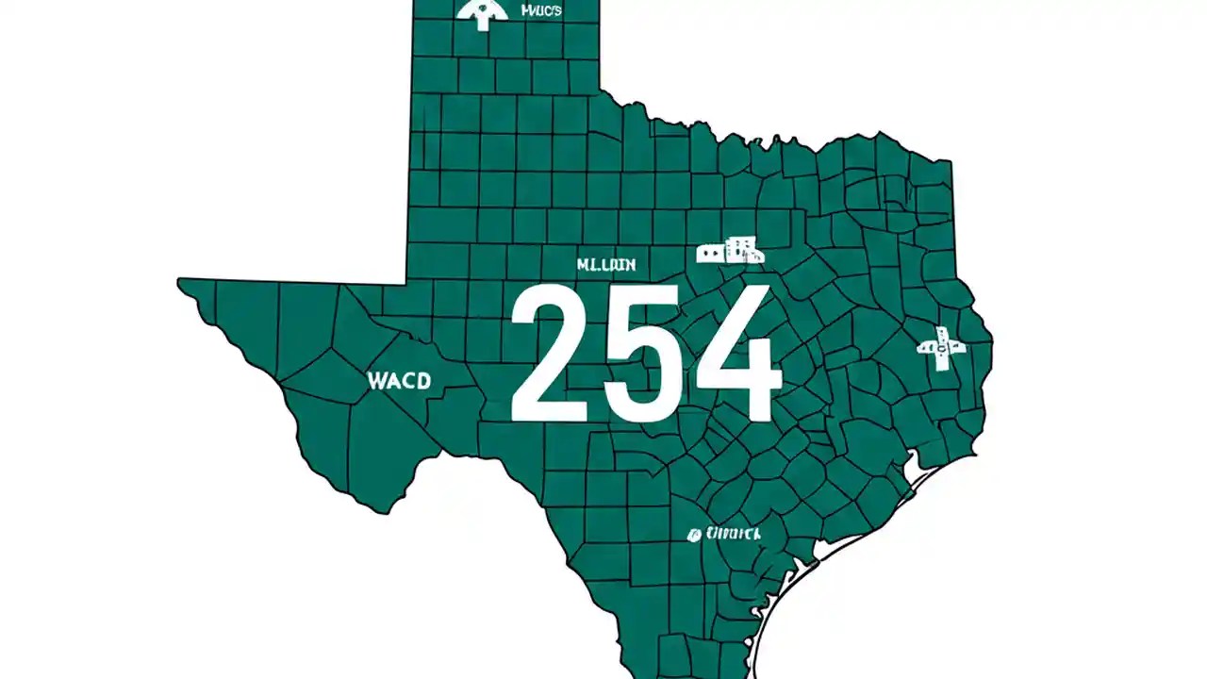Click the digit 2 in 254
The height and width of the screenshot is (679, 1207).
(551, 354)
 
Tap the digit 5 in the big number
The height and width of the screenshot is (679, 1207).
(645, 354)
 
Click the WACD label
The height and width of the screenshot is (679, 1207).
(399, 381)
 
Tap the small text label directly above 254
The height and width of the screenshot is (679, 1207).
(605, 265)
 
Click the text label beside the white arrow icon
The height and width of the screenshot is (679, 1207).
(540, 10)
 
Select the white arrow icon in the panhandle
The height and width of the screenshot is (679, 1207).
(482, 13)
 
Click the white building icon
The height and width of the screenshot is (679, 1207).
(729, 251)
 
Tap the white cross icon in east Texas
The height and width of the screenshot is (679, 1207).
(941, 348)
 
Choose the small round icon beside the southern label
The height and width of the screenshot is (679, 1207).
(695, 535)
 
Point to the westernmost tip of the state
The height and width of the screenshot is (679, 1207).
(179, 280)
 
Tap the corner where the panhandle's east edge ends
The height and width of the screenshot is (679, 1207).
(600, 91)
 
